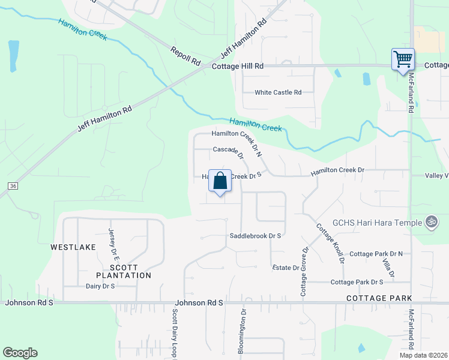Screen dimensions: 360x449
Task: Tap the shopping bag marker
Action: [x=220, y=181]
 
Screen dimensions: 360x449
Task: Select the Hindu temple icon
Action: [x=430, y=222]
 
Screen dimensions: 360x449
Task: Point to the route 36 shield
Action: [x=13, y=186]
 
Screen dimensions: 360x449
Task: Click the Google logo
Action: [x=20, y=353]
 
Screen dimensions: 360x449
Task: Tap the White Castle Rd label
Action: [x=277, y=92]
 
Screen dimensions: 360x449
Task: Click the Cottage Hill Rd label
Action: [x=238, y=66]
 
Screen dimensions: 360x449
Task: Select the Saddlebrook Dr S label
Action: [x=255, y=236]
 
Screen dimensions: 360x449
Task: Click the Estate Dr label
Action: [x=285, y=268]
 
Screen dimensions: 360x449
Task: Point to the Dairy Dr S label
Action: [x=100, y=286]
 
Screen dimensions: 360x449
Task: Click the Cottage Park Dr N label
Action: [x=376, y=254]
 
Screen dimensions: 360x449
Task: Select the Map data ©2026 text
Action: [x=423, y=355]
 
